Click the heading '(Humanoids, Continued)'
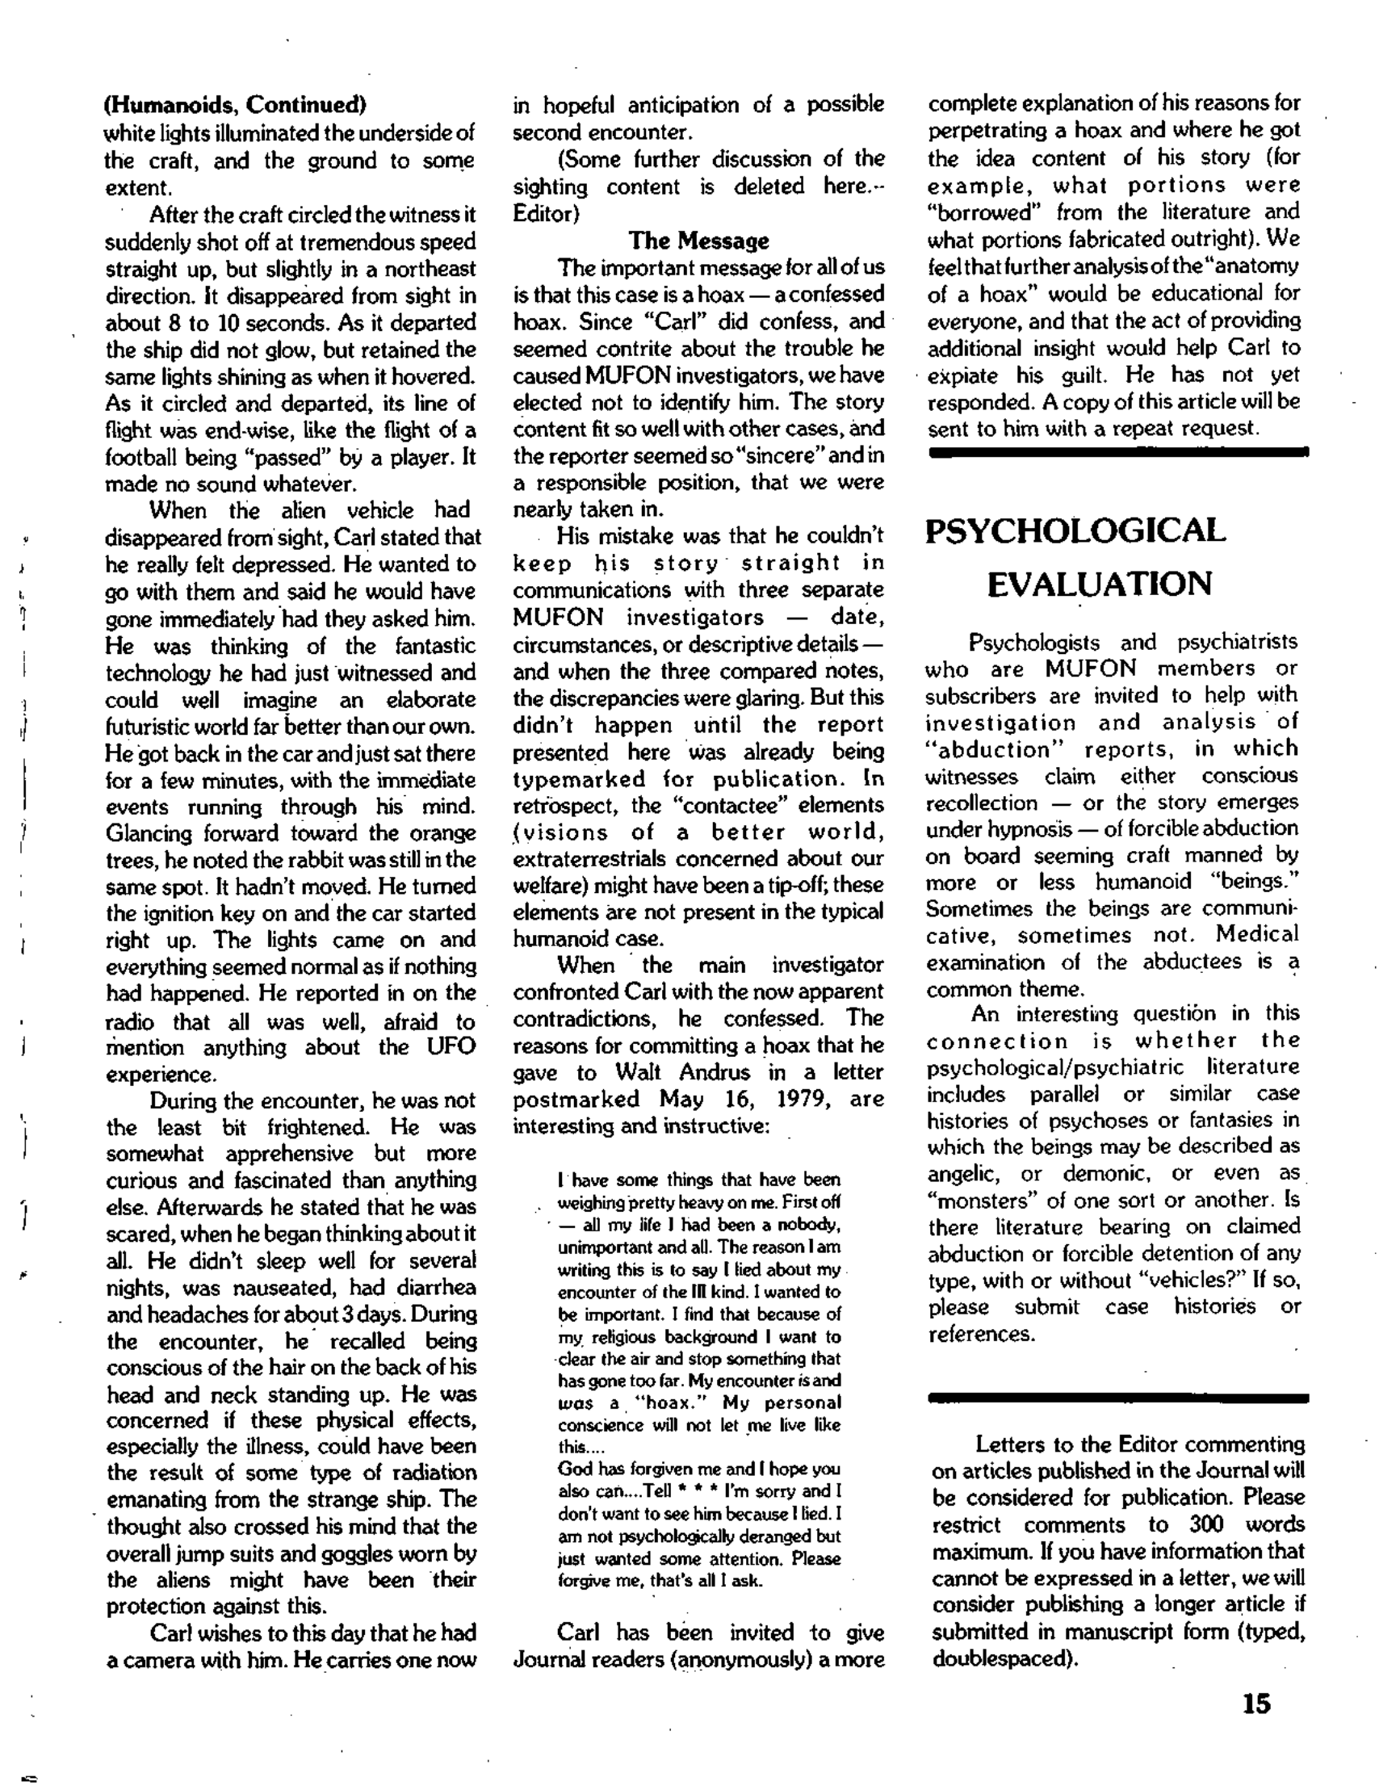[x=235, y=105]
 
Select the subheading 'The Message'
[x=698, y=241]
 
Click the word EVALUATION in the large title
[x=1099, y=585]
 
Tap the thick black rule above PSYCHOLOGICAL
[x=1118, y=451]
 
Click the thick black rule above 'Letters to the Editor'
[x=1118, y=1398]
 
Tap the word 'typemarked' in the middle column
[x=579, y=778]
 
